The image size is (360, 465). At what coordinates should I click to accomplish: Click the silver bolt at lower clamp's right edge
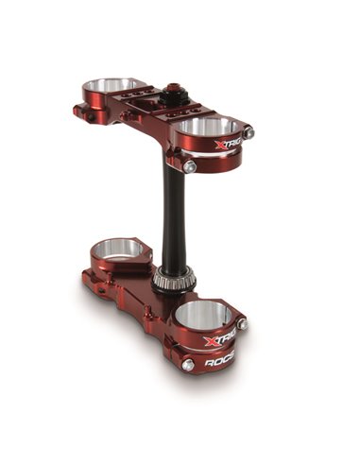tap(243, 325)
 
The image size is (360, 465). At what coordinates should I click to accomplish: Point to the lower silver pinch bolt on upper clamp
tap(190, 166)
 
